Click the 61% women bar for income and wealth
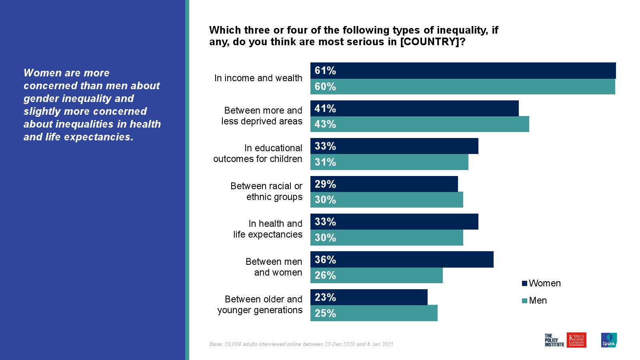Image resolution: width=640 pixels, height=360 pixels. click(463, 70)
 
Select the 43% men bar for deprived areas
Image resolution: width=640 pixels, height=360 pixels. click(420, 124)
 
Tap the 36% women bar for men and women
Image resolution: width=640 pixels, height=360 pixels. click(402, 260)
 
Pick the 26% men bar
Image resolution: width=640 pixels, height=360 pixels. click(376, 275)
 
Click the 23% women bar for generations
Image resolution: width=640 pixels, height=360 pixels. click(369, 297)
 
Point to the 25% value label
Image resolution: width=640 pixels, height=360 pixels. click(325, 313)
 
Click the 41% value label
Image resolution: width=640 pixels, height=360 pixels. click(325, 108)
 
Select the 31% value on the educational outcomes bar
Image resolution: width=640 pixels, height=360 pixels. click(325, 162)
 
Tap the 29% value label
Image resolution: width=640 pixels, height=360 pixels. click(325, 184)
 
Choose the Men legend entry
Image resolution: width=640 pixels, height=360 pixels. click(534, 300)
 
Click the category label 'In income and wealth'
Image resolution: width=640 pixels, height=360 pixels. click(258, 78)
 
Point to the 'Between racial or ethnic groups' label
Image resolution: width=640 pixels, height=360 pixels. click(266, 191)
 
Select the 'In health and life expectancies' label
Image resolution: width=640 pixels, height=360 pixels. click(268, 229)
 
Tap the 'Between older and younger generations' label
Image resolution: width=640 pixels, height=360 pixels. click(260, 304)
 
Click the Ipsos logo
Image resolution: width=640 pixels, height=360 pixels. click(609, 340)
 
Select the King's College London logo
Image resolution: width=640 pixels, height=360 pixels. click(576, 340)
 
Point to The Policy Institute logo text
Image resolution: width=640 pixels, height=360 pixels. click(554, 340)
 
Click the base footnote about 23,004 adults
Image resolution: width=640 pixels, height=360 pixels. click(301, 344)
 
